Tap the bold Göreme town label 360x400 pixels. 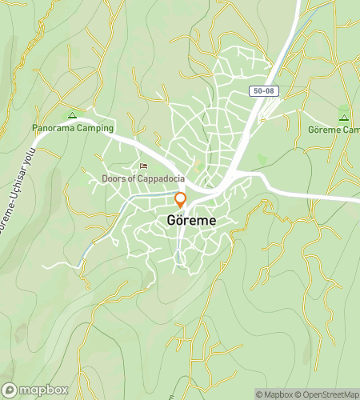190,219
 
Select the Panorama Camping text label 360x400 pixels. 73,128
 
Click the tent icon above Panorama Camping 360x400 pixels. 73,115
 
